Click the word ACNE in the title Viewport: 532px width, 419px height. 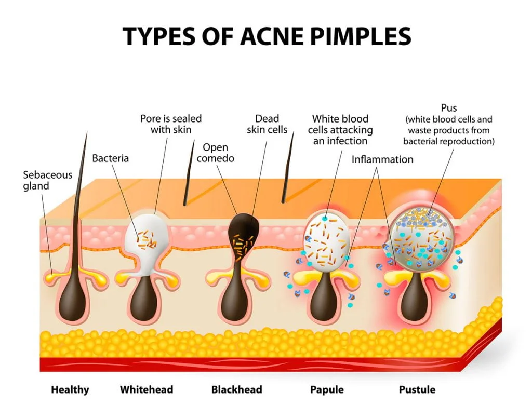click(271, 36)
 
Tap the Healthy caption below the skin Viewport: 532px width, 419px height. click(70, 390)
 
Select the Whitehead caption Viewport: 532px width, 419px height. click(146, 389)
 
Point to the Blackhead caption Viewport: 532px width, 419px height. click(236, 389)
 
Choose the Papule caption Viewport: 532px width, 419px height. click(327, 390)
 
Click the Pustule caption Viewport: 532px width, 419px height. click(417, 389)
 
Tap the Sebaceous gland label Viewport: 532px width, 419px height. click(47, 180)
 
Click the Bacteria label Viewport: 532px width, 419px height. click(110, 158)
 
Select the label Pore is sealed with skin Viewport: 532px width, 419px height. click(170, 124)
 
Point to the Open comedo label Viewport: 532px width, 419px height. click(216, 153)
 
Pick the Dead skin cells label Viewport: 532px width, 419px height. click(267, 124)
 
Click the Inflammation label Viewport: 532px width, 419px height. click(382, 159)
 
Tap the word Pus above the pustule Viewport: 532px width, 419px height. click(448, 108)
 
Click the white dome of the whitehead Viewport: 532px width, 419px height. click(147, 234)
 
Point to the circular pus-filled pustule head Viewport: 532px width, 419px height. click(421, 239)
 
